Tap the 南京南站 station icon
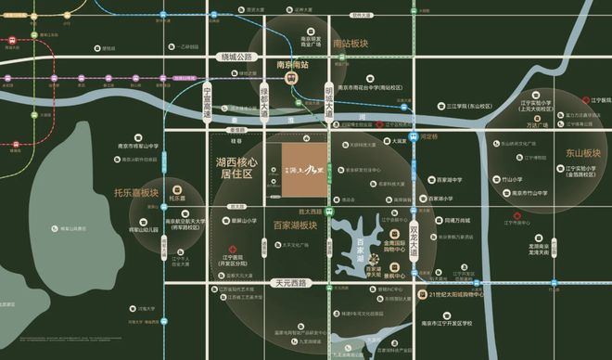[x=291, y=79]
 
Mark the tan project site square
[x=305, y=171]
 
